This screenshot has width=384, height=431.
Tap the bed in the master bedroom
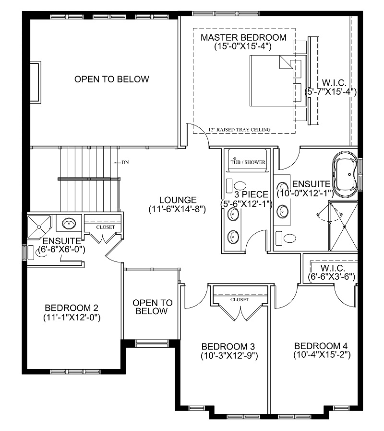pyautogui.click(x=271, y=81)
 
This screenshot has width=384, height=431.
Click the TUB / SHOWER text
pyautogui.click(x=248, y=162)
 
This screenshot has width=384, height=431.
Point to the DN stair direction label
pyautogui.click(x=125, y=163)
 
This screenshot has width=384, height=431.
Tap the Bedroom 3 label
pyautogui.click(x=228, y=346)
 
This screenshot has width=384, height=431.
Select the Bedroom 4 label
pyautogui.click(x=321, y=346)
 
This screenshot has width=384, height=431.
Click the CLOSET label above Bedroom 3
pyautogui.click(x=240, y=299)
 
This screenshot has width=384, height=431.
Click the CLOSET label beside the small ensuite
pyautogui.click(x=105, y=227)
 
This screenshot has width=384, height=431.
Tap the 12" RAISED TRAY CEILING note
pyautogui.click(x=240, y=129)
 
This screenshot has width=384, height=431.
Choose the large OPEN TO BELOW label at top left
pyautogui.click(x=111, y=79)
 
